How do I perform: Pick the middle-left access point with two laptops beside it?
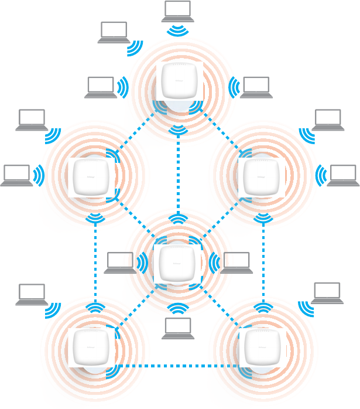91,177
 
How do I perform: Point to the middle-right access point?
263,177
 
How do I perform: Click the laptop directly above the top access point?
177,11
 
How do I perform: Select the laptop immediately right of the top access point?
256,87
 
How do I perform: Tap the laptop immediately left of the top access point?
100,87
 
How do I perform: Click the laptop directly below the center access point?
178,328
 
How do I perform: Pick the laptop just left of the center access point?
119,263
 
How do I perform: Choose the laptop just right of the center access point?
236,263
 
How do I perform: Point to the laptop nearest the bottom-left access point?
32,294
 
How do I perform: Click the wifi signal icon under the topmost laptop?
177,30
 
